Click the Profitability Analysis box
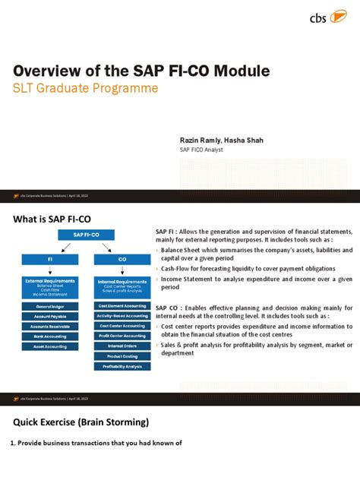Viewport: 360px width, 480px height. point(122,366)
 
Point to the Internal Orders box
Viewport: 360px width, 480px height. point(122,346)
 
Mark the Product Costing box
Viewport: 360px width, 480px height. point(122,356)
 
